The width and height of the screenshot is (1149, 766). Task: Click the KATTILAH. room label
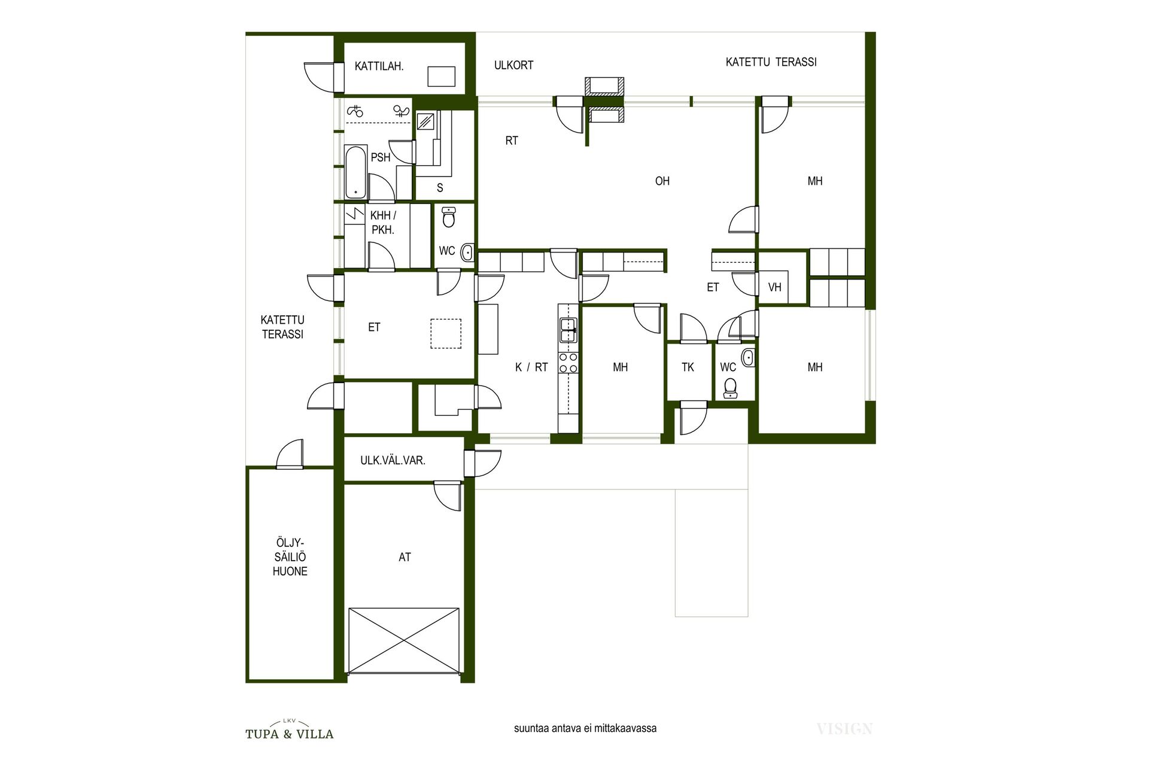point(379,66)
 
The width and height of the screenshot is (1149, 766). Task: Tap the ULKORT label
point(513,65)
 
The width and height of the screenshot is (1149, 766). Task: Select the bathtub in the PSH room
point(356,172)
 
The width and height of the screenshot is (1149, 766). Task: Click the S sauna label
point(440,188)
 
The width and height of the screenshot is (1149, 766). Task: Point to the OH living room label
point(662,181)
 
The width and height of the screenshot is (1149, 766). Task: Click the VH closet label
point(774,287)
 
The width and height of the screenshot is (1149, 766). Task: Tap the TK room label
point(688,367)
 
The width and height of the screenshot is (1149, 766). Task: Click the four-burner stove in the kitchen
point(568,363)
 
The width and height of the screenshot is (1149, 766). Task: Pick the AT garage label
point(405,557)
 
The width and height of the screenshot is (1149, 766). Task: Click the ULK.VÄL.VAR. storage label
point(393,460)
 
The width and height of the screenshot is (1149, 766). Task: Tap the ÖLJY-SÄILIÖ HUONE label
point(290,557)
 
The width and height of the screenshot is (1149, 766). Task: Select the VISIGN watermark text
point(844,729)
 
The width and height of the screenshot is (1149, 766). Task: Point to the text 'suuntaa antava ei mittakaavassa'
point(585,728)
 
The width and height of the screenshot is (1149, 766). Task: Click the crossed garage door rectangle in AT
point(404,640)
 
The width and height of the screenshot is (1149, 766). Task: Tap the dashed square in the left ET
point(446,334)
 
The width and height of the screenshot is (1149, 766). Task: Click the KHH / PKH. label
point(383,223)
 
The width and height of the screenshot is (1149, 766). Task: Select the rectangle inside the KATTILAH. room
point(442,76)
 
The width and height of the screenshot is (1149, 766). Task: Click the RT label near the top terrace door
point(512,141)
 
